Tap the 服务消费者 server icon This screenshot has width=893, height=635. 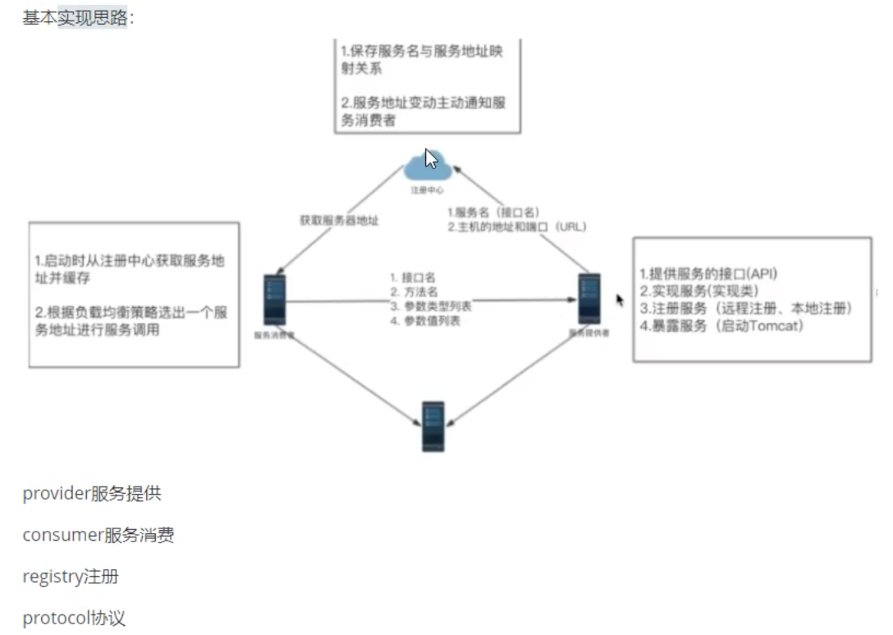point(274,300)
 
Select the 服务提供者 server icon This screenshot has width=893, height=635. point(588,299)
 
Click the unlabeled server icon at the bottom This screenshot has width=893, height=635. point(433,426)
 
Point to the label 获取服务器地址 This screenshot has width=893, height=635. point(339,220)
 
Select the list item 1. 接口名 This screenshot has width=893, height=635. point(413,277)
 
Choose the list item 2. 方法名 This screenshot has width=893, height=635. point(413,292)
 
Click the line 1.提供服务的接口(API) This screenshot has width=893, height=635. point(708,273)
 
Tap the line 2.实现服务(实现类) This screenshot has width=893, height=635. point(699,290)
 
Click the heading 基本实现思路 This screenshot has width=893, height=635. point(76,17)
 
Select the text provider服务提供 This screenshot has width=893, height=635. point(92,493)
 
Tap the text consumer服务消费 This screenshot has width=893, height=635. point(98,536)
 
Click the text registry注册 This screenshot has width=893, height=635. point(71,577)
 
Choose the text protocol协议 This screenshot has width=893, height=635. point(74,618)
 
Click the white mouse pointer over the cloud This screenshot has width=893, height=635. point(431,158)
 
